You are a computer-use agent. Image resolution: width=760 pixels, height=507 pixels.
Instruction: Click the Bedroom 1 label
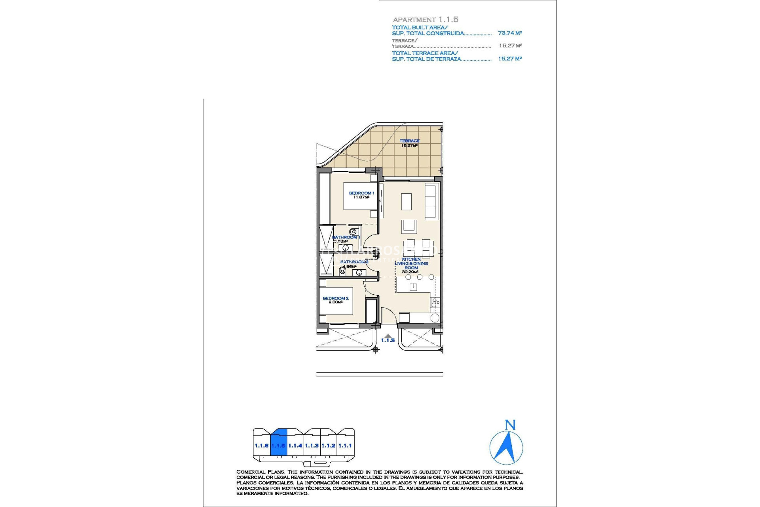(361, 193)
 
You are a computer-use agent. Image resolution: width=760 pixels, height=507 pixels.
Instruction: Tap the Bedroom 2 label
(335, 298)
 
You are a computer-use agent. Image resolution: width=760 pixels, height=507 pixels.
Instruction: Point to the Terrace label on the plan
(409, 141)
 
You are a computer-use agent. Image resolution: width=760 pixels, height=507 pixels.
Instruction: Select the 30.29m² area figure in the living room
(410, 272)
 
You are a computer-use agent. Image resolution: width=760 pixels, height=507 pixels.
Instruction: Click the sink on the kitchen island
(413, 287)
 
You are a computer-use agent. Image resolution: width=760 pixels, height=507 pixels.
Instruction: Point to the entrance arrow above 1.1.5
(388, 335)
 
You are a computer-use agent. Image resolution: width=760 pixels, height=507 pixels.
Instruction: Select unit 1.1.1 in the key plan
(345, 446)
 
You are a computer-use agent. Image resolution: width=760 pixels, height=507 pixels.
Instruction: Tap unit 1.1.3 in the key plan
(312, 446)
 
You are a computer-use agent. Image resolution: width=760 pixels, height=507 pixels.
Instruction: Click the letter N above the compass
(510, 425)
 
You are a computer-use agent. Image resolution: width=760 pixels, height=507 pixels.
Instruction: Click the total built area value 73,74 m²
(510, 33)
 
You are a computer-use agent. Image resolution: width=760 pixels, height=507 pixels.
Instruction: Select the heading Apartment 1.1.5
(425, 19)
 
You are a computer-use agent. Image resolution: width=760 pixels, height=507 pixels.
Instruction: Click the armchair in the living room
(409, 227)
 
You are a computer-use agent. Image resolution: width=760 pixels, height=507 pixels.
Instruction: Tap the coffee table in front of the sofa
(407, 201)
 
